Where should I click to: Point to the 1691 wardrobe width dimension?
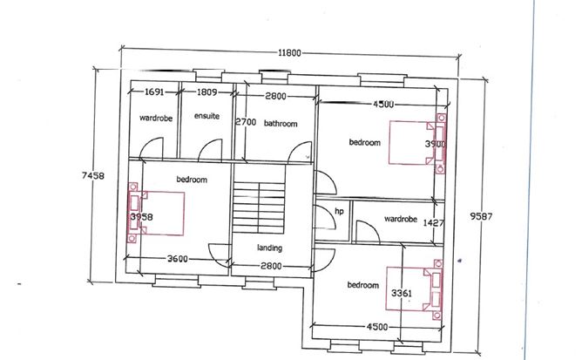point(154,92)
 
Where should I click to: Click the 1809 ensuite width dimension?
point(207,92)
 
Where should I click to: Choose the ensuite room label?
point(206,116)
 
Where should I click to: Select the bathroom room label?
point(281,124)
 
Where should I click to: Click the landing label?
point(269,248)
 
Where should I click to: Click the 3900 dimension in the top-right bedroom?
point(435,143)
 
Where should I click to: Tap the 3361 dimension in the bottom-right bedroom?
point(403,292)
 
